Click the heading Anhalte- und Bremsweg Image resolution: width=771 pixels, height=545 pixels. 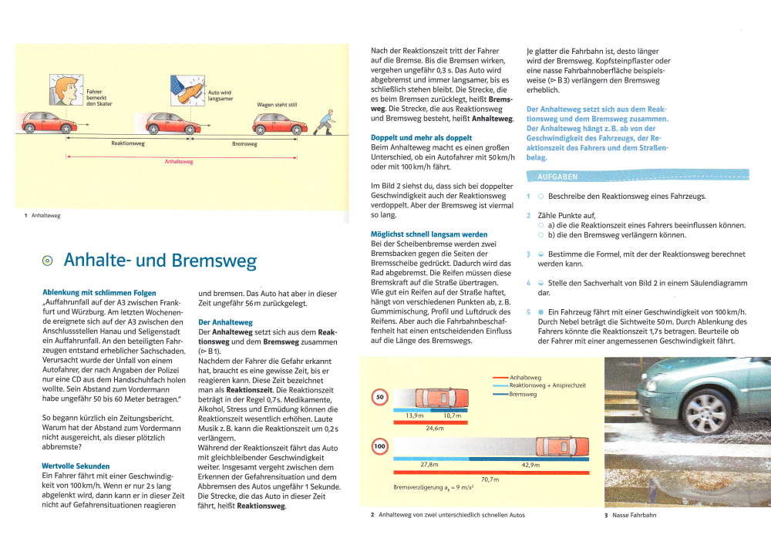[x=160, y=261]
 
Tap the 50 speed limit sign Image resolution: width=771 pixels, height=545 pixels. [x=379, y=398]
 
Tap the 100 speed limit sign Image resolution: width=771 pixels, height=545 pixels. [x=379, y=446]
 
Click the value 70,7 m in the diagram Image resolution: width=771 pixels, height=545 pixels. [x=490, y=479]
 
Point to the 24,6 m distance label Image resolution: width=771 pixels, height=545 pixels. [x=435, y=428]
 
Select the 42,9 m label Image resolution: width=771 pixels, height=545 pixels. [x=530, y=465]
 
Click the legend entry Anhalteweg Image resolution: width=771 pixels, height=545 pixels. [x=525, y=378]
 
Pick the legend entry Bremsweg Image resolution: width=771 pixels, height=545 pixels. [x=524, y=394]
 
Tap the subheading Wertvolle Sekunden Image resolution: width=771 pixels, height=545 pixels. [x=76, y=466]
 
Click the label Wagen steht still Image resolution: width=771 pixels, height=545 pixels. [x=277, y=105]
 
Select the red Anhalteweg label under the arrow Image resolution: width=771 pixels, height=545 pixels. [x=179, y=162]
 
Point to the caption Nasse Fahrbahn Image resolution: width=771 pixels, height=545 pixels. [x=635, y=514]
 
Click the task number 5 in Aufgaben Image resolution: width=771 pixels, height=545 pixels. [x=528, y=311]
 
